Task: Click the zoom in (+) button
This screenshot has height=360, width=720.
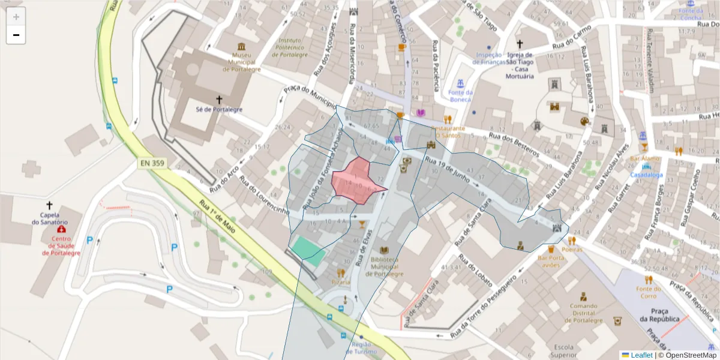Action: click(x=16, y=17)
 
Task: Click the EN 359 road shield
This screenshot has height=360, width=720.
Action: click(x=153, y=163)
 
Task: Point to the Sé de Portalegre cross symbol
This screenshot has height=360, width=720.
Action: click(x=220, y=100)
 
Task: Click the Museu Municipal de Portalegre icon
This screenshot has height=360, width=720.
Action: click(x=241, y=47)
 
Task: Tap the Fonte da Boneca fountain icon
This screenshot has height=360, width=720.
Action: click(x=461, y=82)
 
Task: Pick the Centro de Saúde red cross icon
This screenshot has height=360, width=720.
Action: click(x=61, y=230)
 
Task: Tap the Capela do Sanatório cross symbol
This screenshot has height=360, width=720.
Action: click(x=49, y=205)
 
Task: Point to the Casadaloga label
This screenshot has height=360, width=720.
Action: click(x=646, y=175)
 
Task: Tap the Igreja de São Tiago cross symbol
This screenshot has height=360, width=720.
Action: click(x=520, y=44)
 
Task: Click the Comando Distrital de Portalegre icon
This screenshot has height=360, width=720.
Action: click(x=583, y=296)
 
